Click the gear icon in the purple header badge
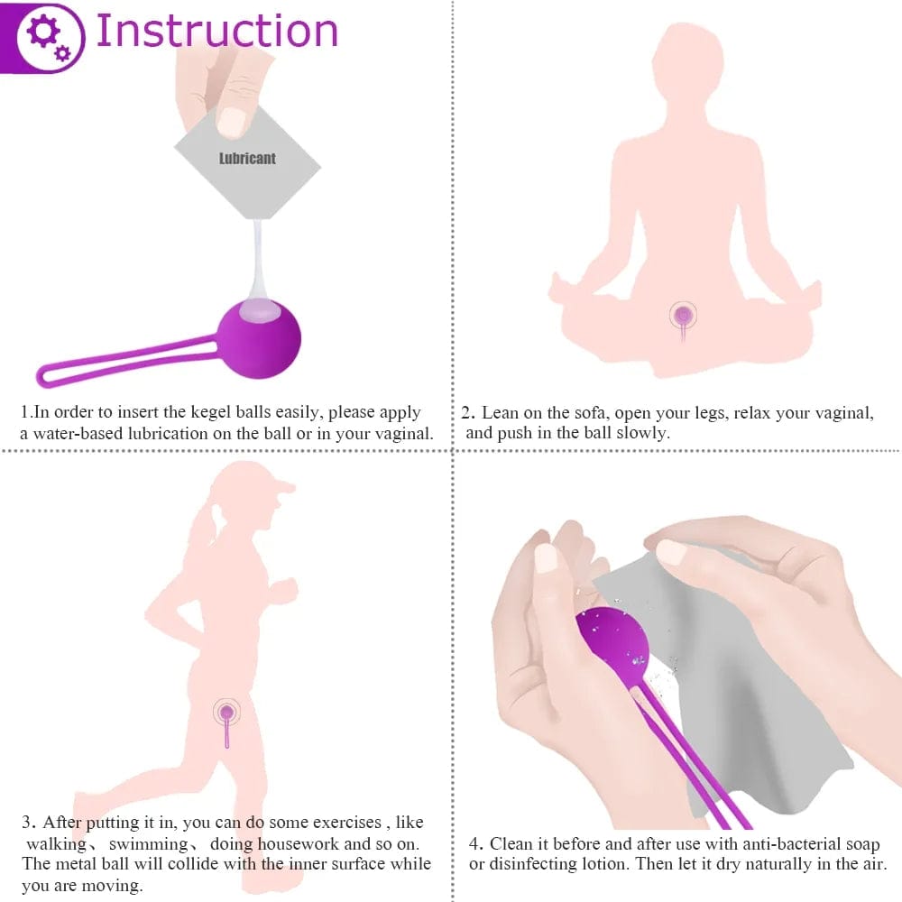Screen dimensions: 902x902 45,36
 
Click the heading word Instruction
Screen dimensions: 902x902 216,31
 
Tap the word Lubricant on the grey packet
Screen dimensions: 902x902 247,159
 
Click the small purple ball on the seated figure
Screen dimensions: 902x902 683,315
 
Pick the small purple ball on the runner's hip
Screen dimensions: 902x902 226,713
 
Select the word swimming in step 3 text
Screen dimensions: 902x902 150,844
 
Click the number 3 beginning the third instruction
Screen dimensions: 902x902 27,823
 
